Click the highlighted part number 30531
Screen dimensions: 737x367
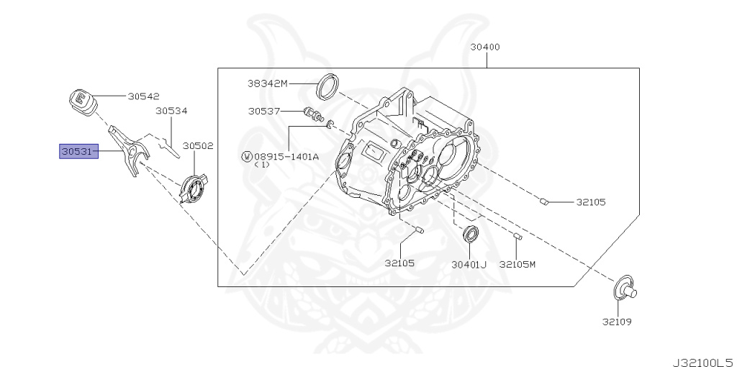click(78, 151)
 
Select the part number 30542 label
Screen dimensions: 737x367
click(143, 96)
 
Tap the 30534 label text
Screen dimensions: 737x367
click(171, 111)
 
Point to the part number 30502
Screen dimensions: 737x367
click(197, 145)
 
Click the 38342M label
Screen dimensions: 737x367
click(267, 83)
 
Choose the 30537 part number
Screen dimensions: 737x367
click(263, 111)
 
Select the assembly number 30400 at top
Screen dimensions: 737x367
click(485, 47)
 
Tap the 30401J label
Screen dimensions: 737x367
click(469, 264)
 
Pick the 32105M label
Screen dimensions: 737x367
click(517, 264)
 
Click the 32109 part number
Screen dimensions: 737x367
click(617, 321)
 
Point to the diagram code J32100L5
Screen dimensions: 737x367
click(702, 358)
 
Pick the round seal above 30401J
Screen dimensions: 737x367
click(471, 233)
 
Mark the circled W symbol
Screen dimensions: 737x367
click(247, 155)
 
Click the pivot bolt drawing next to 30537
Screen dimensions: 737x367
click(314, 114)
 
